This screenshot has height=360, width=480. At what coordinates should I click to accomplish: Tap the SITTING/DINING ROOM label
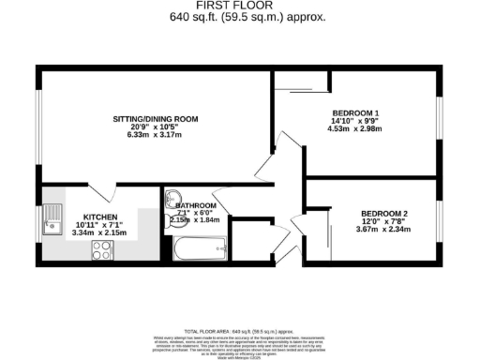point(156,119)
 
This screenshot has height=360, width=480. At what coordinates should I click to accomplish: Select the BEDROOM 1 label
point(353,113)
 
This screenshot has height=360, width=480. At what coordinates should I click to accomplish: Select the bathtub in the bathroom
point(200,250)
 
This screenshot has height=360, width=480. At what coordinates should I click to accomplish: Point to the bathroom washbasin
point(173,198)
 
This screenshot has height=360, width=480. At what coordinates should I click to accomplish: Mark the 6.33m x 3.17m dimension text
point(156,134)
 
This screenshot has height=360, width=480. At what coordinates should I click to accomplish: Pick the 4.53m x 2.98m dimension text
point(353,129)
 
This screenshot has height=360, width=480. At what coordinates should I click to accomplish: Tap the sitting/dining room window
point(37,126)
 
